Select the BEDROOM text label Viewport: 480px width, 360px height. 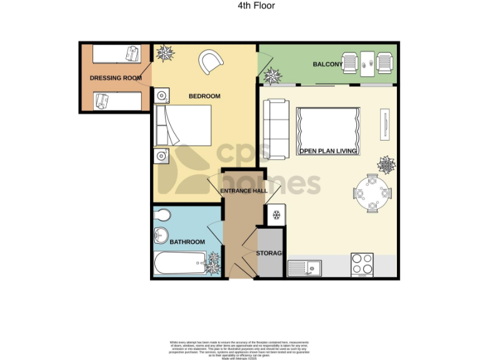[x=205, y=96]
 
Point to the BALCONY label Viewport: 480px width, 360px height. [x=327, y=64]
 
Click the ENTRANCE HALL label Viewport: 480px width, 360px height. [x=243, y=191]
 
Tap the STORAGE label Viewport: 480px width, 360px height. [x=271, y=253]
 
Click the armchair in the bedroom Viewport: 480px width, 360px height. [x=211, y=61]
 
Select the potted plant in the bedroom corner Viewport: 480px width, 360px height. [x=166, y=54]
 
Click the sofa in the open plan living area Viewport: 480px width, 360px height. [x=275, y=127]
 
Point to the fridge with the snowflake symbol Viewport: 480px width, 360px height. [x=276, y=214]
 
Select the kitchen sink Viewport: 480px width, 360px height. [x=304, y=268]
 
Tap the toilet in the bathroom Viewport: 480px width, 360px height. [x=162, y=216]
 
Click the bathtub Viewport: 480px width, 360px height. [x=179, y=264]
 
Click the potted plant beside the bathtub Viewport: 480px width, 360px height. [x=214, y=262]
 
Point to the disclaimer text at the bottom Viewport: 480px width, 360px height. [x=240, y=347]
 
